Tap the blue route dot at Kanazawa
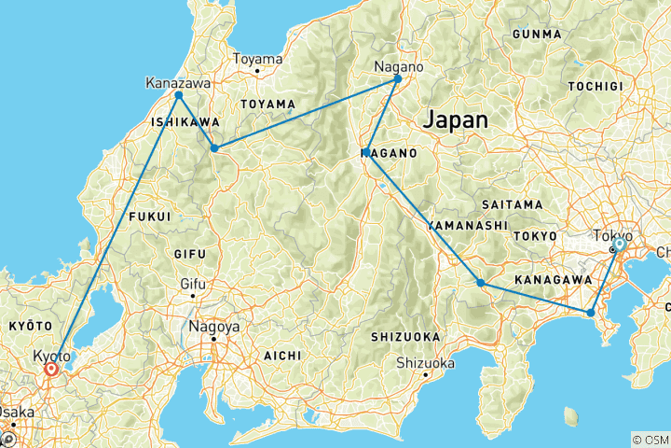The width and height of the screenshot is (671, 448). pos(178,95)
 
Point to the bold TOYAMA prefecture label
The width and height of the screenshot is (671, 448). pos(267,104)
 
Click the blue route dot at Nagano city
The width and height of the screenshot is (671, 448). pos(398,78)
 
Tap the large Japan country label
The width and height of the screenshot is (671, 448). pos(456,120)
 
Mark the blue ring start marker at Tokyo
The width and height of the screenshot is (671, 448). pos(618,244)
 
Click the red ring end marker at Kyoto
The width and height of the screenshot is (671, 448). pos(50,370)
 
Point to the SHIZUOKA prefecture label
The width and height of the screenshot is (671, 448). pos(405,336)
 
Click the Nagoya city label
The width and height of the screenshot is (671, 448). pos(213,327)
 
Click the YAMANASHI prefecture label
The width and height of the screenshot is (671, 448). pos(468,226)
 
